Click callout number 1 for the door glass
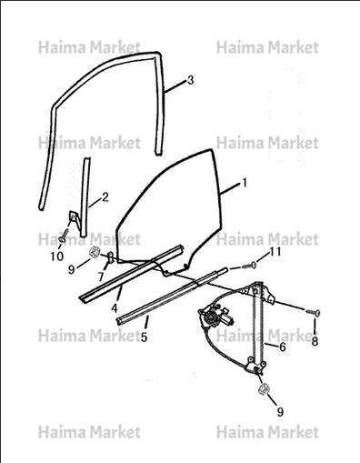245,183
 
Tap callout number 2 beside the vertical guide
105,197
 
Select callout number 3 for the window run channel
190,80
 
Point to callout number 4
114,308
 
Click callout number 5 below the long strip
144,337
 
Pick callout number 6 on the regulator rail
282,347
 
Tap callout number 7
101,277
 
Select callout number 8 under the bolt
315,341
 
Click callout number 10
57,257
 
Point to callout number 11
275,251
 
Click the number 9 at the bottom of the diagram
280,411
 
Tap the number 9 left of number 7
72,269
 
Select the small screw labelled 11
249,266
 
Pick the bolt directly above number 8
313,312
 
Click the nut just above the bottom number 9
264,389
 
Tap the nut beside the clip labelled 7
95,251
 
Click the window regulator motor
215,317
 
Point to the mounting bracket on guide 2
73,218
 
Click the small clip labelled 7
111,257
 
